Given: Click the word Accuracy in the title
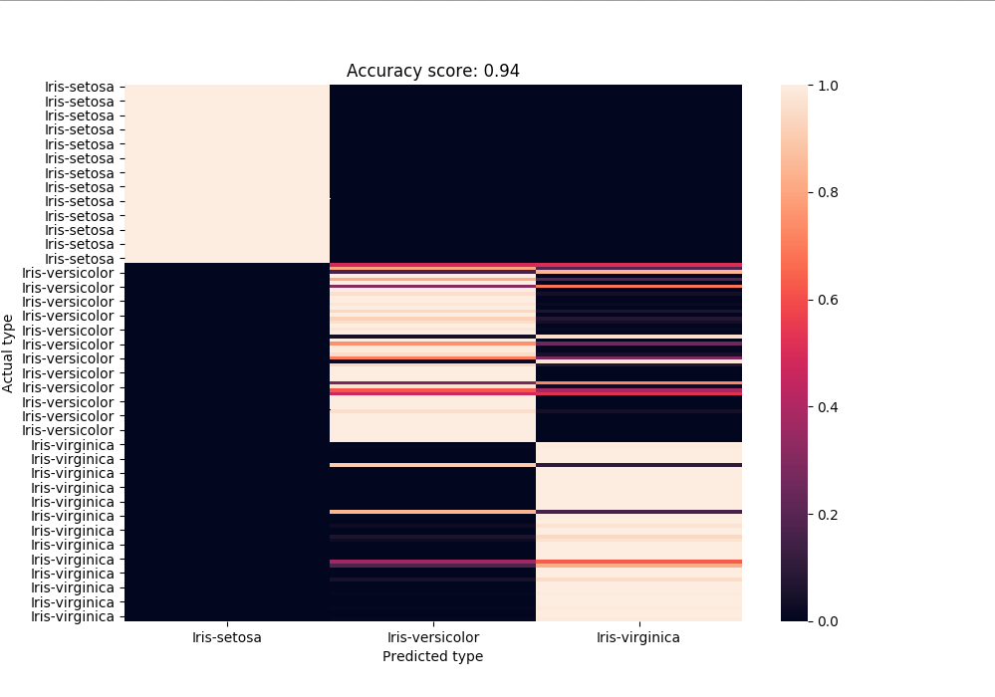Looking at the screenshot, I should point(378,72).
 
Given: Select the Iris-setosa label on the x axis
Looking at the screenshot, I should point(227,637).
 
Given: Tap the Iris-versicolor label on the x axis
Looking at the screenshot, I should point(432,637).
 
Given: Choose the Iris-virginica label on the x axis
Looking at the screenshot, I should point(638,637).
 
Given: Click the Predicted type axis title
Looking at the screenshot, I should point(432,657).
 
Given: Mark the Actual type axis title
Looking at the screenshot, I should point(9,352).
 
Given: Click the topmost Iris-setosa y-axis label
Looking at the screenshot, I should point(79,87).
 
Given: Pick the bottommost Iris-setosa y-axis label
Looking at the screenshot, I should point(79,259).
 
